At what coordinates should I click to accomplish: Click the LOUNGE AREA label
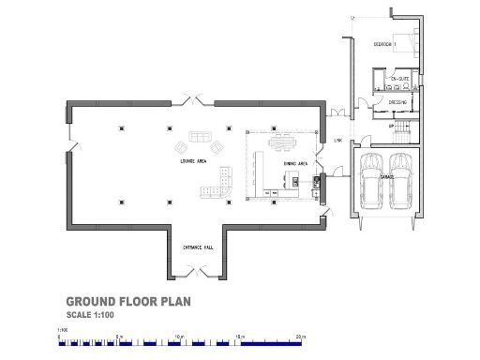tap(194, 161)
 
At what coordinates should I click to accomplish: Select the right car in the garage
tap(400, 180)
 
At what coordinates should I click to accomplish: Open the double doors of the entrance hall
tap(198, 272)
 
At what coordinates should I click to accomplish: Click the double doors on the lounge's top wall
tap(197, 97)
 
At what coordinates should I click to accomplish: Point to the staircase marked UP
tap(400, 127)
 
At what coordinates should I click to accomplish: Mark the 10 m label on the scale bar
tap(179, 335)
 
